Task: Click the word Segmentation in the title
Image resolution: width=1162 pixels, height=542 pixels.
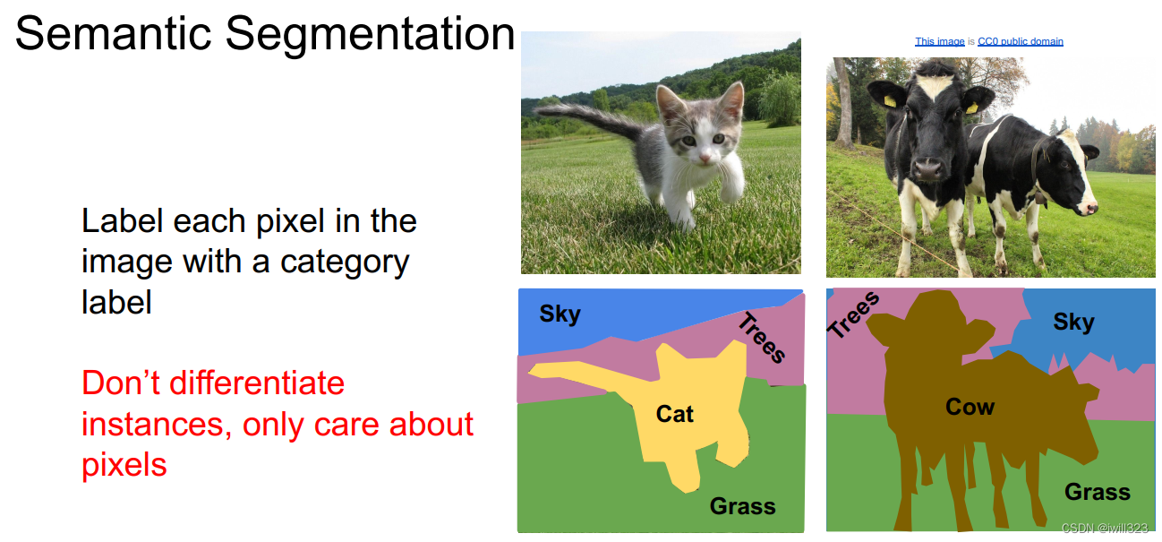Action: (370, 35)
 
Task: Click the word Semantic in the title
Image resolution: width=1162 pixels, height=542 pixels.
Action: (113, 33)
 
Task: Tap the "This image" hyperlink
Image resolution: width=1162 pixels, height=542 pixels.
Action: (939, 41)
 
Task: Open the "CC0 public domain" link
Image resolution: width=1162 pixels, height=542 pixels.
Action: (1021, 41)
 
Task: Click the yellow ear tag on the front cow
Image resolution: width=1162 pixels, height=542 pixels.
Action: (889, 100)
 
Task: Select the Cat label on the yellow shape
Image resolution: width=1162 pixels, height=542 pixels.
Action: (674, 414)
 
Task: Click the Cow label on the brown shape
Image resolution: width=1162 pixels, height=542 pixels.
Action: (970, 407)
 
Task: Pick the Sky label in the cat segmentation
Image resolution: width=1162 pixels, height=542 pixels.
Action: (560, 314)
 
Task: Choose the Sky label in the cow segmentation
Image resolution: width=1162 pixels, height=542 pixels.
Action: (1073, 322)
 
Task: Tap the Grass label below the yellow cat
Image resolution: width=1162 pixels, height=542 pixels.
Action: (743, 506)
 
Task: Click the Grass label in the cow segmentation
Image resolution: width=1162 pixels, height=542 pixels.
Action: (1098, 492)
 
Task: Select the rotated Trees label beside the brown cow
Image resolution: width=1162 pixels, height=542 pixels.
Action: (853, 314)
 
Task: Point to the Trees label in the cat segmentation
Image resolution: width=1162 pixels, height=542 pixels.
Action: (762, 338)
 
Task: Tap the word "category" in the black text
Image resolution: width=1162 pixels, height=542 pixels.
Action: (345, 262)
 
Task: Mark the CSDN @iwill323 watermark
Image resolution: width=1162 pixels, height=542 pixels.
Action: (1105, 528)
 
